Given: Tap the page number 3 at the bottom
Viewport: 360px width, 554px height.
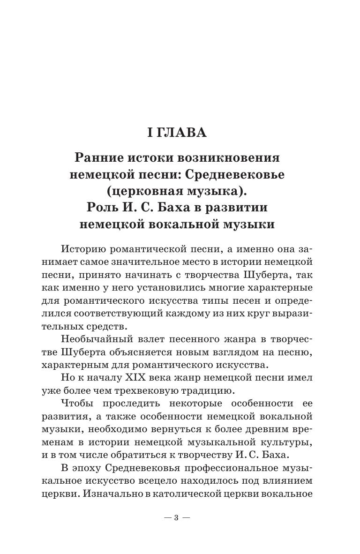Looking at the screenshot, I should [176, 518].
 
